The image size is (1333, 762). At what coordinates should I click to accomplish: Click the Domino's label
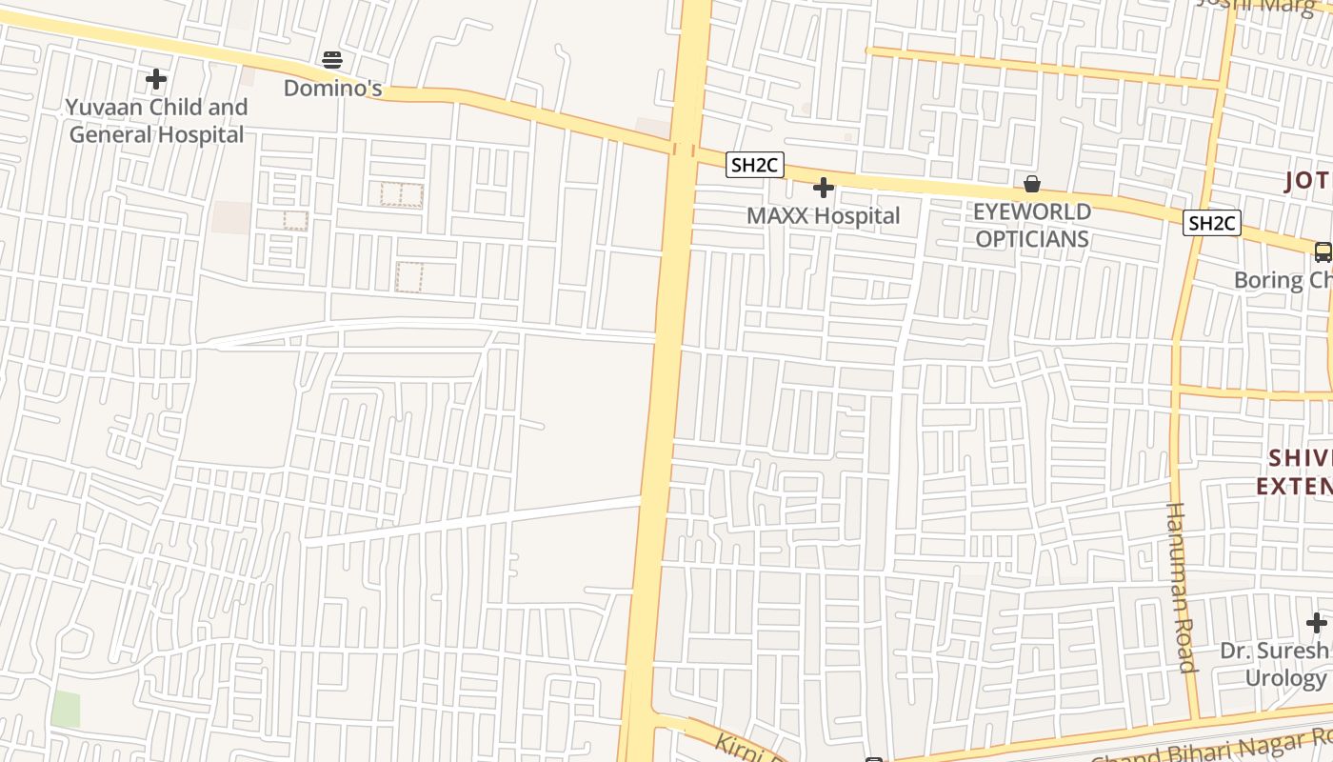tap(333, 89)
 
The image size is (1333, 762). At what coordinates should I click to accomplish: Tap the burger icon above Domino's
tap(332, 60)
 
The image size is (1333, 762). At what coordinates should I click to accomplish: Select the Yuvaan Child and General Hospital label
tap(157, 121)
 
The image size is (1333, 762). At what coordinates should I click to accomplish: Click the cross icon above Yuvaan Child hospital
tap(156, 79)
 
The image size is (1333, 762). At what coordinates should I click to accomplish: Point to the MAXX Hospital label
tap(823, 216)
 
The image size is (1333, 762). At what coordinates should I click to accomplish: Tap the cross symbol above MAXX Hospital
tap(824, 188)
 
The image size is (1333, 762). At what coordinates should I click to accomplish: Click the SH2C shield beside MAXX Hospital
tap(754, 166)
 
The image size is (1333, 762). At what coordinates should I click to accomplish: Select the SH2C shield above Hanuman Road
tap(1212, 224)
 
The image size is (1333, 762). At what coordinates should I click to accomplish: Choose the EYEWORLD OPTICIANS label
tap(1032, 225)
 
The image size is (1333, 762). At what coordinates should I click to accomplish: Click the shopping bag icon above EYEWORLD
tap(1032, 184)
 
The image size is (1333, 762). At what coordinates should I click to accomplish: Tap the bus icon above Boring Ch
tap(1323, 251)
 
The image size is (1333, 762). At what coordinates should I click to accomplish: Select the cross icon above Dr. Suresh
tap(1317, 624)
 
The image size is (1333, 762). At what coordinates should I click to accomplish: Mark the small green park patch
tap(66, 709)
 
